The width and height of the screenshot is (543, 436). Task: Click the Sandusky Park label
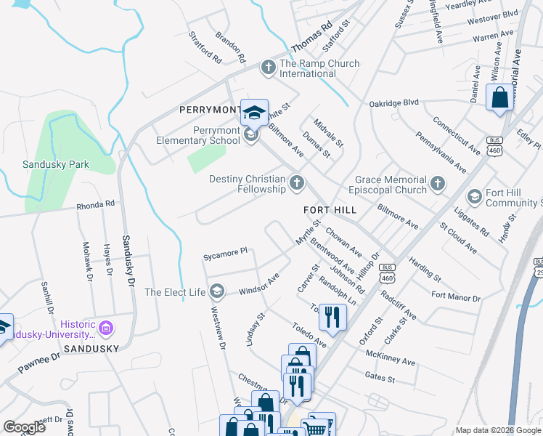(x=55, y=164)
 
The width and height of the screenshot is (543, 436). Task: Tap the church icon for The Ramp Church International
(x=268, y=68)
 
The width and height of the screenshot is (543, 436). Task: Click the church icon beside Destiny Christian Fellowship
(x=296, y=183)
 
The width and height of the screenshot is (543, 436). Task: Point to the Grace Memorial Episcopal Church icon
(x=437, y=185)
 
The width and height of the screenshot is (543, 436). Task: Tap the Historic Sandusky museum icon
(x=106, y=328)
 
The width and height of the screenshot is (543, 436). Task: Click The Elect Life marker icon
(x=216, y=292)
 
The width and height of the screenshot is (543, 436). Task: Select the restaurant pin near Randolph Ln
(x=332, y=317)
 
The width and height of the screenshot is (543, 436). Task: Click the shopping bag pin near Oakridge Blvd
(x=500, y=98)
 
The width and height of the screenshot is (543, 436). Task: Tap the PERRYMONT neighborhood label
(x=210, y=110)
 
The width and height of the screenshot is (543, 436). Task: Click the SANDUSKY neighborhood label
(x=91, y=349)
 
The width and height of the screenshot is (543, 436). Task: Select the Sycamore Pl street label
(x=225, y=254)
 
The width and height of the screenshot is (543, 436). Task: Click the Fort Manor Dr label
(x=455, y=297)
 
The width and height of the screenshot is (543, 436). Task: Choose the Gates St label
(x=380, y=379)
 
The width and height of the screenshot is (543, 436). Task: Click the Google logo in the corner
(x=24, y=427)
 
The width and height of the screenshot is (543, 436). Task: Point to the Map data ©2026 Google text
(x=497, y=430)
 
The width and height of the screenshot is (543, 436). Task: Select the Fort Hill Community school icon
(x=474, y=197)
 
